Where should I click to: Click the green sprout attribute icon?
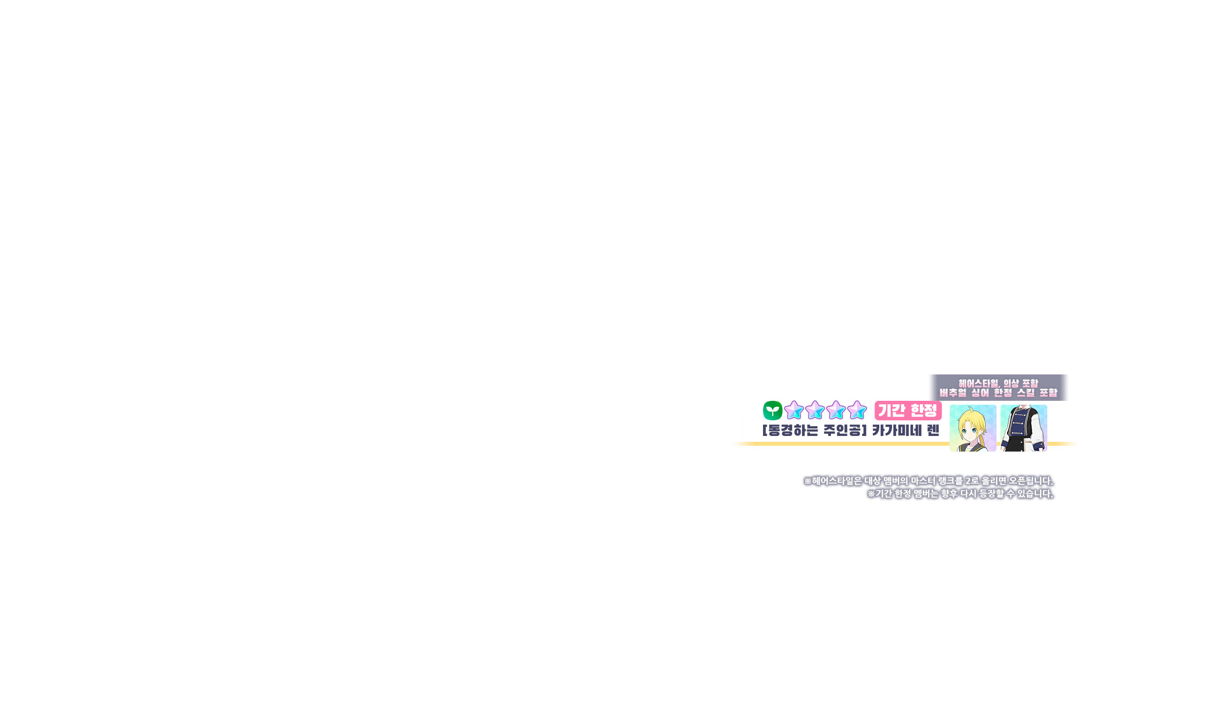(772, 411)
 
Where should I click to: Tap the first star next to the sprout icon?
(794, 411)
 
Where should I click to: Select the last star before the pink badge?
(857, 411)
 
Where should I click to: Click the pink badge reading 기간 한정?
(908, 410)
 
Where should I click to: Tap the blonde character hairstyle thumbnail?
(973, 428)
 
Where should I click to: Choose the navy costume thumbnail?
(1023, 428)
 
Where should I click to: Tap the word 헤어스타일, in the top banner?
(979, 383)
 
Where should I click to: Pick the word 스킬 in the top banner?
(1026, 393)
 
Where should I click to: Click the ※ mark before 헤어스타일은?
(807, 481)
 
